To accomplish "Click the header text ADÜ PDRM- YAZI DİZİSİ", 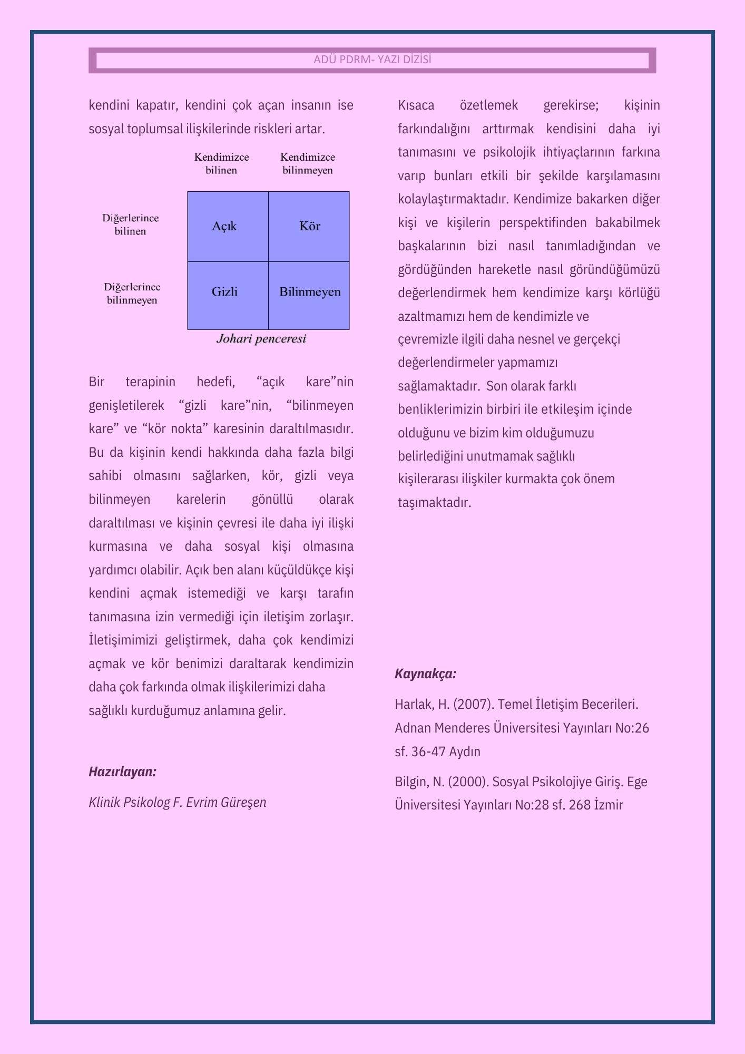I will click(372, 60).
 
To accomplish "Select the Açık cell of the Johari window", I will click(228, 227).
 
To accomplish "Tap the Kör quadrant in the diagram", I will click(309, 227).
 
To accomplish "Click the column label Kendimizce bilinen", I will click(221, 163).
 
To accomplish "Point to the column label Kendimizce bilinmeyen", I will click(308, 163).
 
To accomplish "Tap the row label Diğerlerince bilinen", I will click(130, 225).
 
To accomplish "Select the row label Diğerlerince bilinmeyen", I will click(132, 294).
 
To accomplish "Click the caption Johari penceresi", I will click(261, 339).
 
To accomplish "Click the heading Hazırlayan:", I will click(122, 772).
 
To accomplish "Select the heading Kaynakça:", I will click(425, 674).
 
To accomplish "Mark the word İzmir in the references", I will click(608, 805).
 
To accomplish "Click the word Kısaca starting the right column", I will click(416, 105).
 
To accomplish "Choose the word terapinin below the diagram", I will click(150, 382).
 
